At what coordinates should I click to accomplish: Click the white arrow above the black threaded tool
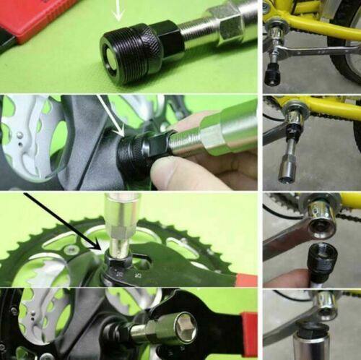tap(119, 9)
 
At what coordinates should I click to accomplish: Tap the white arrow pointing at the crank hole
tap(110, 116)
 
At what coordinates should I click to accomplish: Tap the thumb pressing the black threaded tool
tap(173, 173)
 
